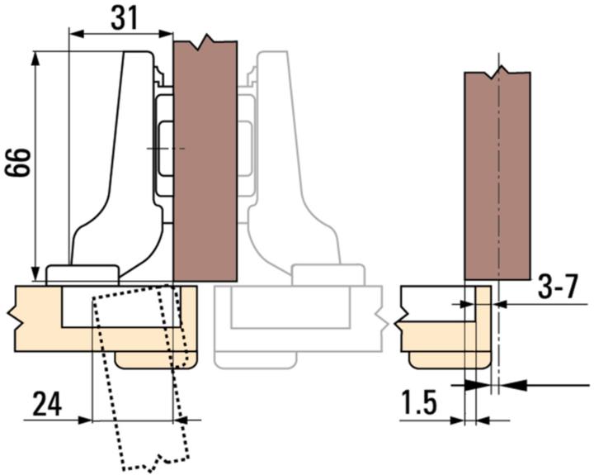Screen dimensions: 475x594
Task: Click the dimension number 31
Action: pyautogui.click(x=123, y=18)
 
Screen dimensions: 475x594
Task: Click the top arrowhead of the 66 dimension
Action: pyautogui.click(x=35, y=58)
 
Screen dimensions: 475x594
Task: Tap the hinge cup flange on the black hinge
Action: pyautogui.click(x=82, y=274)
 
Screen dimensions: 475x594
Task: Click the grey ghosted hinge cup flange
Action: pyautogui.click(x=328, y=274)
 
